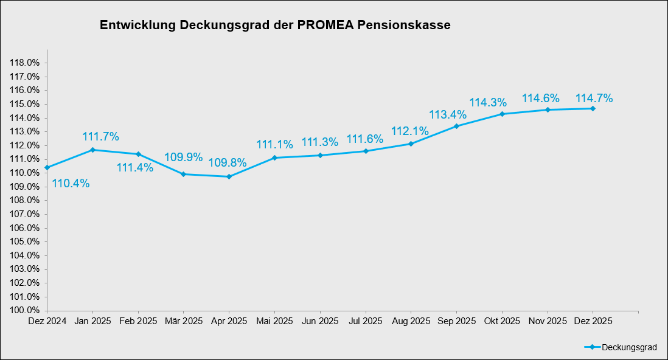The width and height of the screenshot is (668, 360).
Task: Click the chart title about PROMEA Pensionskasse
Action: tap(275, 26)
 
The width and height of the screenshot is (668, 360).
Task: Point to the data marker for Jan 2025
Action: tap(92, 150)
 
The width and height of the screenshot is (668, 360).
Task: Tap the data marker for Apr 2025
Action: tap(229, 176)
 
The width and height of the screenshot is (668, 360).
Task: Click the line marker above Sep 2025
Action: tap(457, 126)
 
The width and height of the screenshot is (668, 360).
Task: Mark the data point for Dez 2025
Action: tap(593, 108)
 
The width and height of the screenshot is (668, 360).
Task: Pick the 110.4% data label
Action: tap(71, 183)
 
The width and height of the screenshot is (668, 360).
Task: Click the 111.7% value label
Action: tap(100, 136)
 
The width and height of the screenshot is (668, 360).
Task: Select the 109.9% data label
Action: tap(183, 157)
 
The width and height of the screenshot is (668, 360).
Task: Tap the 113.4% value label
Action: tap(448, 114)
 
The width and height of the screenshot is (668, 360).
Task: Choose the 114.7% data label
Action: tap(594, 98)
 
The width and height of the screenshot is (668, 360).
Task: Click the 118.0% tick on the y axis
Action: tap(26, 63)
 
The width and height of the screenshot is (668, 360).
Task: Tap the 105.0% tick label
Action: tap(26, 241)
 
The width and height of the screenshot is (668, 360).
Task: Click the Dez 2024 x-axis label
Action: tap(47, 320)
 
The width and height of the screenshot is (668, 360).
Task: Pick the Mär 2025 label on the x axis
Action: tap(184, 320)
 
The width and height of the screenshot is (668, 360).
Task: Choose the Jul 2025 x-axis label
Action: tap(366, 320)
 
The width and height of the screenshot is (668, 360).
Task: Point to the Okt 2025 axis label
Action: tap(502, 320)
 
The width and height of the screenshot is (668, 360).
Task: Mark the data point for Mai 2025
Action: tap(274, 157)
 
